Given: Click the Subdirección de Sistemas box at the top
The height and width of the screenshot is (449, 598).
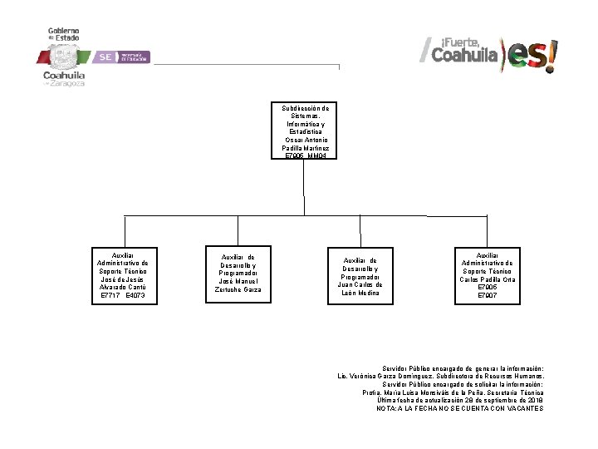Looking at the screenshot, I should (306, 131).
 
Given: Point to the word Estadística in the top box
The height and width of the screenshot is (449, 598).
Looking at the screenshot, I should (306, 131).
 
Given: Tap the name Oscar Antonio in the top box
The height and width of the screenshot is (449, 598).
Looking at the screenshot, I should (306, 140).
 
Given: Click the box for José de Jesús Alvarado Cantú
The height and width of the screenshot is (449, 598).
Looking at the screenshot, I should (122, 274).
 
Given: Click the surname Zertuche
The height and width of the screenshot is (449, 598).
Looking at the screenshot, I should (229, 289).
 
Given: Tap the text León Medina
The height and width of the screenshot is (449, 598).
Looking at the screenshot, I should (360, 293).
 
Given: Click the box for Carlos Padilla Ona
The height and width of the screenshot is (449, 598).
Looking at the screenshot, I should (488, 274).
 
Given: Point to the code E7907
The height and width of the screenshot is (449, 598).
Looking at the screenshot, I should (488, 295).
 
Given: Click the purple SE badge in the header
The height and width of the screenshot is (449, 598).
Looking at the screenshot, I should (105, 57).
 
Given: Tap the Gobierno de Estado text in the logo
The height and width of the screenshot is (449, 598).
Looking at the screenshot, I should (63, 33).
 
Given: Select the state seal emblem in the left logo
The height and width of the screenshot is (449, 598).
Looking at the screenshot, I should (63, 57).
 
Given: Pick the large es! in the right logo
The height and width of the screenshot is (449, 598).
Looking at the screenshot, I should (532, 56).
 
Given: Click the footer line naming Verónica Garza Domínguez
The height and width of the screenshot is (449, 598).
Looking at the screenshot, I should (440, 376).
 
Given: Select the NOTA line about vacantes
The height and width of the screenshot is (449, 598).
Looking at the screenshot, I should (459, 408).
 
